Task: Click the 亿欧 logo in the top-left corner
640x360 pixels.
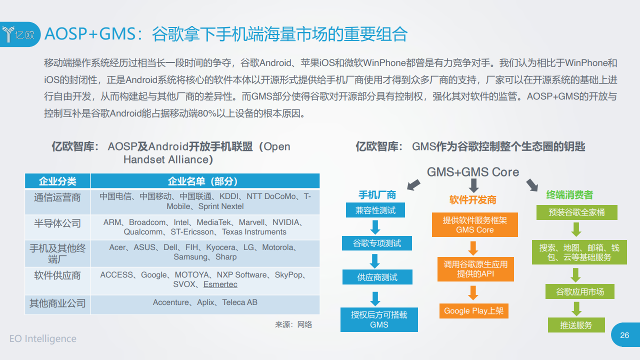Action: pyautogui.click(x=19, y=34)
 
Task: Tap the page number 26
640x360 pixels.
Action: pyautogui.click(x=624, y=335)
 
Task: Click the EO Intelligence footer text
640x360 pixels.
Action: pyautogui.click(x=43, y=338)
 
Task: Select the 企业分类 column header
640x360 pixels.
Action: pyautogui.click(x=57, y=181)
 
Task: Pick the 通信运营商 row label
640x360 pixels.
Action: pyautogui.click(x=57, y=197)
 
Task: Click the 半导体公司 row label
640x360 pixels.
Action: pyautogui.click(x=57, y=223)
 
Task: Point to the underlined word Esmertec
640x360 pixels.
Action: pyautogui.click(x=220, y=284)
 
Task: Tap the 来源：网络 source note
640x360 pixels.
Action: pyautogui.click(x=293, y=324)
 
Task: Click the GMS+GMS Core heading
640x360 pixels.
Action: pyautogui.click(x=473, y=172)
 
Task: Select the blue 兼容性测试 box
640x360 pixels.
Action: pyautogui.click(x=375, y=210)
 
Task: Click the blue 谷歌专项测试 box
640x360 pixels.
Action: pyautogui.click(x=377, y=243)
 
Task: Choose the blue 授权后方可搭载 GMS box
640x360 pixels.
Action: pyautogui.click(x=379, y=319)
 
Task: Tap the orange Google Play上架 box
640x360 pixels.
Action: pyautogui.click(x=474, y=311)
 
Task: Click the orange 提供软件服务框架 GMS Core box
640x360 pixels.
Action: pyautogui.click(x=475, y=224)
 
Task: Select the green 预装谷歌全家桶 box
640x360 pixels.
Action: pyautogui.click(x=577, y=212)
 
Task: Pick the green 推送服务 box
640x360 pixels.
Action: pyautogui.click(x=576, y=325)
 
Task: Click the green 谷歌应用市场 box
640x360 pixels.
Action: pyautogui.click(x=580, y=291)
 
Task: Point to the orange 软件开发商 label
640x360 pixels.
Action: pyautogui.click(x=473, y=200)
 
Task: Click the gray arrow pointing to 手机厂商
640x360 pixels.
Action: pyautogui.click(x=413, y=185)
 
